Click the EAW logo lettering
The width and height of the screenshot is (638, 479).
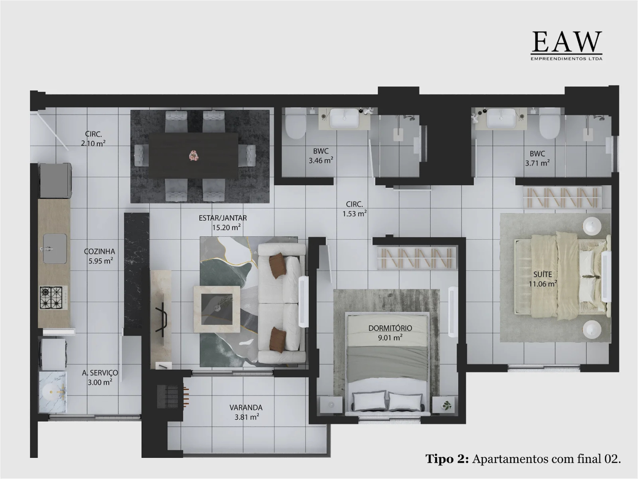[x=566, y=42]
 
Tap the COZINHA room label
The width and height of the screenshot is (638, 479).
[x=99, y=252]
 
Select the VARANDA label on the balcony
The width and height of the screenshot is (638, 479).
[x=246, y=408]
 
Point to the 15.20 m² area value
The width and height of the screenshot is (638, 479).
[x=226, y=227]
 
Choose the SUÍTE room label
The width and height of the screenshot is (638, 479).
[x=542, y=274]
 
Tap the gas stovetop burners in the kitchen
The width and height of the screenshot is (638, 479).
[x=51, y=298]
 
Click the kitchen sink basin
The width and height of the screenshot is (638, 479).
[x=55, y=249]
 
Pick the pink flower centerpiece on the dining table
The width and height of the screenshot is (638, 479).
[x=194, y=156]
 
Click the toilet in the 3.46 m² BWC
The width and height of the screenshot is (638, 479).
[x=295, y=125]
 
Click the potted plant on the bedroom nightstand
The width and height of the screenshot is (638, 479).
[x=447, y=405]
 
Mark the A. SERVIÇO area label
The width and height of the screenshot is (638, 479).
[x=100, y=373]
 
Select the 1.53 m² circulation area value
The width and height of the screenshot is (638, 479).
[x=354, y=214]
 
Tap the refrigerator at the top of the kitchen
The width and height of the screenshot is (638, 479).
[x=56, y=180]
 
